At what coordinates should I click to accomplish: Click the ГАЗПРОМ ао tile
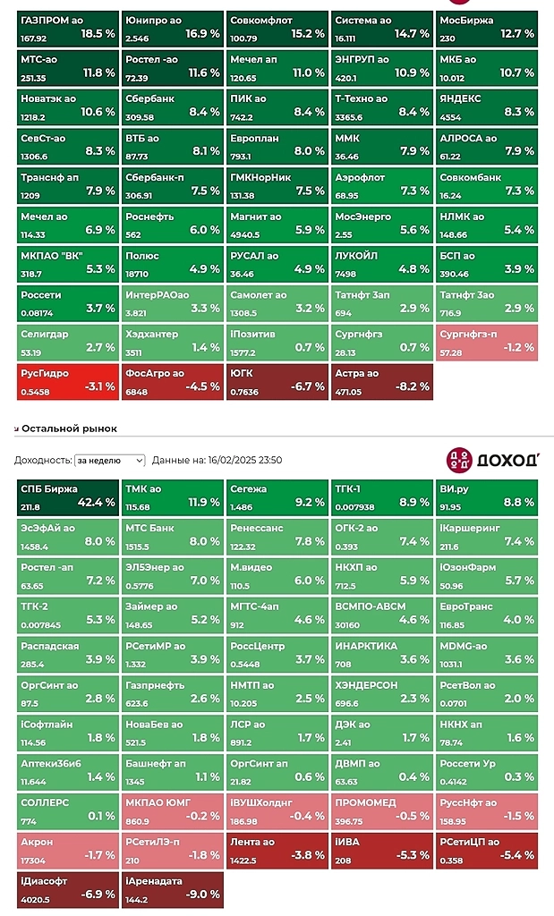click(x=67, y=28)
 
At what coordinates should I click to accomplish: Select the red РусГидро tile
click(x=67, y=381)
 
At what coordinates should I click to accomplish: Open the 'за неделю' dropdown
click(x=109, y=460)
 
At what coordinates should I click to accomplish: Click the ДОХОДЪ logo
click(x=492, y=460)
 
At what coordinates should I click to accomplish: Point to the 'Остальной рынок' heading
click(x=69, y=428)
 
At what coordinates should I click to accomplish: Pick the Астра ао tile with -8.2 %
click(x=382, y=381)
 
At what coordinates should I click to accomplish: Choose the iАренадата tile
click(x=172, y=888)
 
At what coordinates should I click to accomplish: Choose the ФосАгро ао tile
click(x=172, y=381)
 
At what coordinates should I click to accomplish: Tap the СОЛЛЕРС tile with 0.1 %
click(x=67, y=810)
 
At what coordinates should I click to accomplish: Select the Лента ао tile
click(x=277, y=849)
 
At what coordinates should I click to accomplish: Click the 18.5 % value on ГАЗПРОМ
click(x=98, y=34)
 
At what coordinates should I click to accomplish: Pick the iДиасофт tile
click(x=67, y=888)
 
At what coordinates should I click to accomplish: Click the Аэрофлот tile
click(x=382, y=184)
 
